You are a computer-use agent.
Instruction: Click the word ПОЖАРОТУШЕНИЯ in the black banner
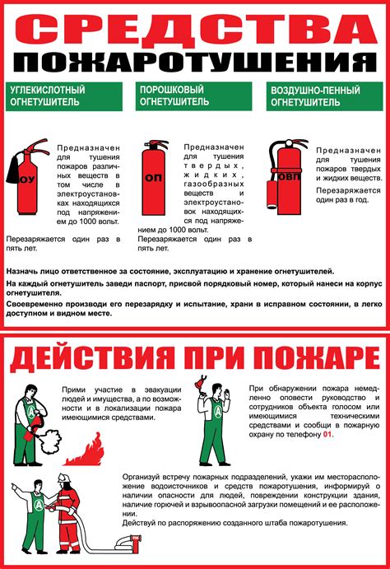point(195,63)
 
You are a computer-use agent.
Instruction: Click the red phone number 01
point(327,434)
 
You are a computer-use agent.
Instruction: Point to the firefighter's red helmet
point(64,480)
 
